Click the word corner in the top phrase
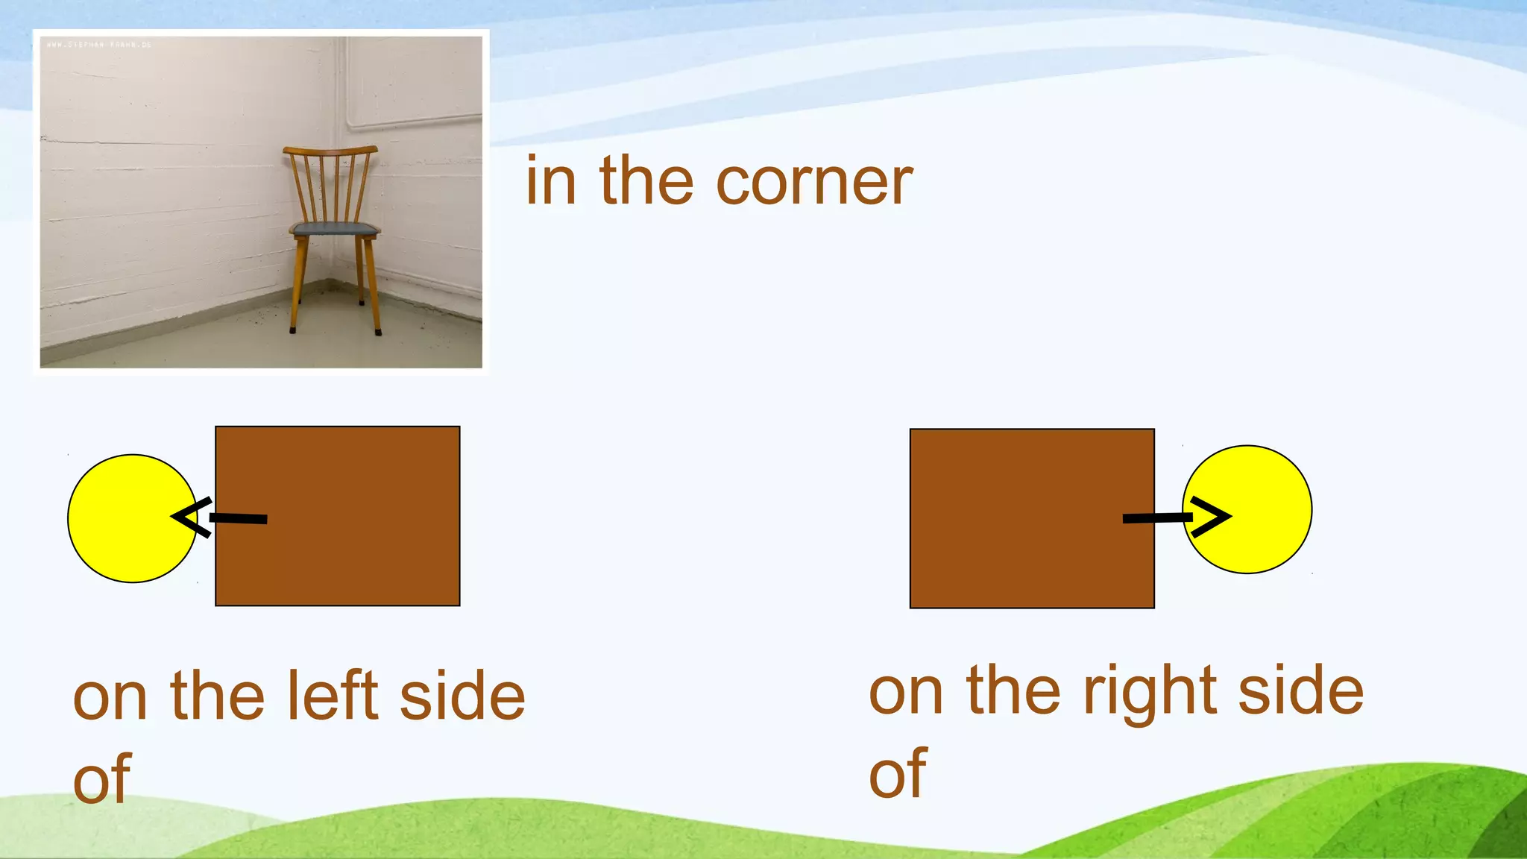[814, 183]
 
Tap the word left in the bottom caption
[333, 695]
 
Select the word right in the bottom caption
[1150, 691]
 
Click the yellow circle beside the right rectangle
[1260, 509]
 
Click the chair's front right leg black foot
[378, 331]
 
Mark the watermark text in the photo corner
[98, 45]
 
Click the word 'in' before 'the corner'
[550, 183]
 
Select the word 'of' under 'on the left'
[102, 779]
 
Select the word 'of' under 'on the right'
[898, 774]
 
